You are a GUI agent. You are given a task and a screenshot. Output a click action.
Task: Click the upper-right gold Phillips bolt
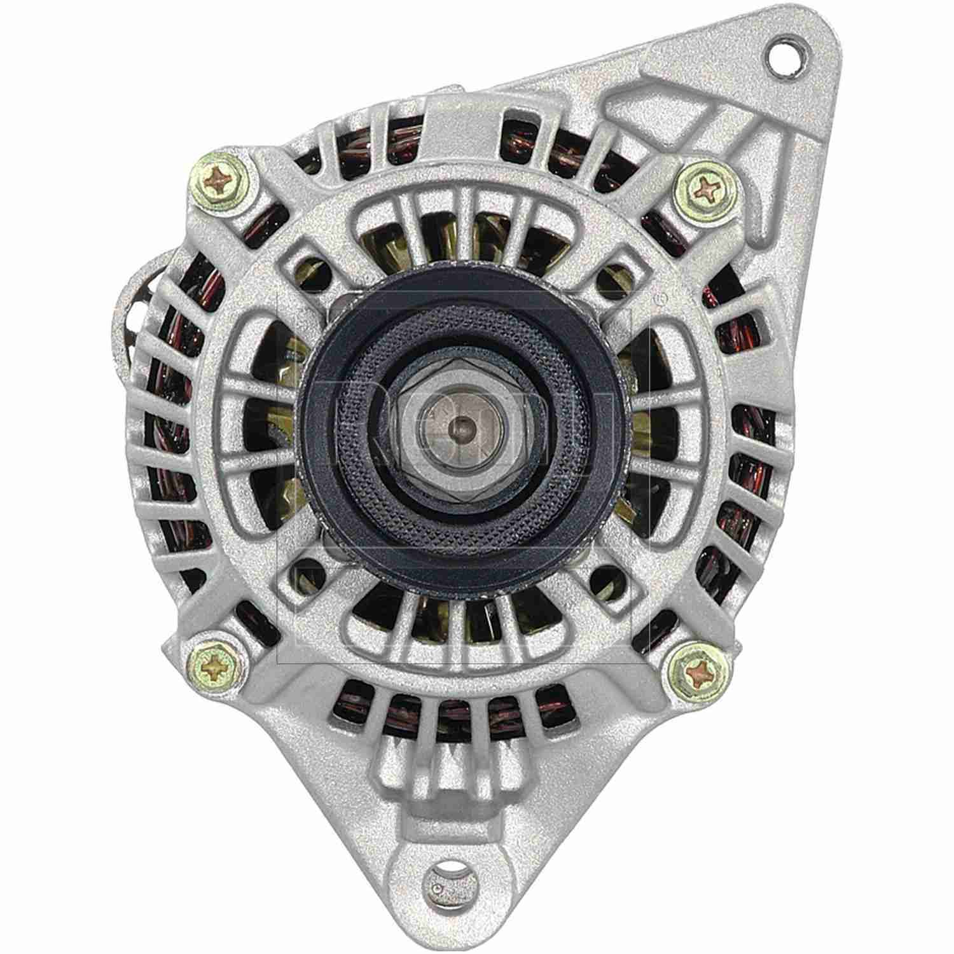point(708,187)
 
